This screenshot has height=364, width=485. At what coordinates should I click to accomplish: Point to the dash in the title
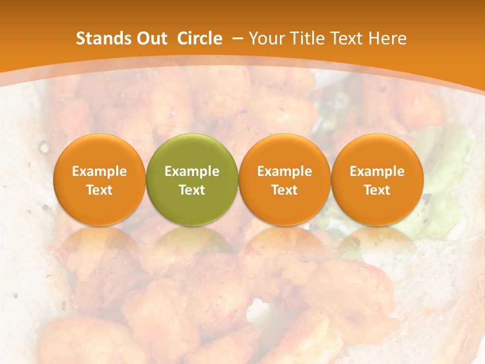click(x=236, y=38)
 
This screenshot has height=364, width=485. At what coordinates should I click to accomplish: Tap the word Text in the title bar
click(x=345, y=38)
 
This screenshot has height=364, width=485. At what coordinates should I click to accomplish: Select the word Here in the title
click(x=387, y=38)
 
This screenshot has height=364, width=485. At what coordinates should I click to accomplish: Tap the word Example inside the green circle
click(x=192, y=171)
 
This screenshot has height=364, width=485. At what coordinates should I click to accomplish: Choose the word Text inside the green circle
click(x=192, y=190)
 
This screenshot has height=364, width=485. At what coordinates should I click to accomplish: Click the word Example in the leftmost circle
click(x=100, y=171)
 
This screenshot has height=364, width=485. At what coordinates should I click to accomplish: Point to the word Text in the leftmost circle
click(x=100, y=190)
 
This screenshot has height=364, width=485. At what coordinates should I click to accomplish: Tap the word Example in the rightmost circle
click(x=377, y=171)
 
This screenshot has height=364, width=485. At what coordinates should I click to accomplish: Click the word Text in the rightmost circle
click(x=377, y=190)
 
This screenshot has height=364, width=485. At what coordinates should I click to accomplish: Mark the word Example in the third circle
click(x=284, y=171)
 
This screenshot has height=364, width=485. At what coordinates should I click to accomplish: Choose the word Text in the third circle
click(x=284, y=190)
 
